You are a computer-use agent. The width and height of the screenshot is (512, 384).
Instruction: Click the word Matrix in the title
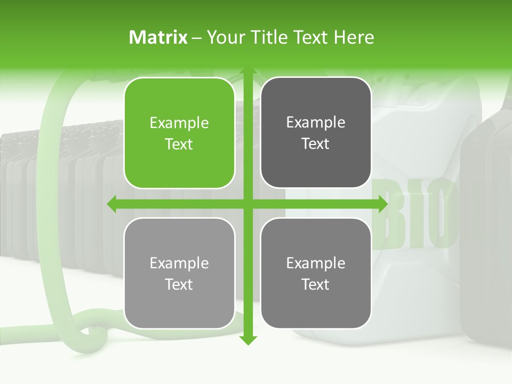coord(158,37)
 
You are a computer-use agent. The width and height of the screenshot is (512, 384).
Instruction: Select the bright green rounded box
coord(179,133)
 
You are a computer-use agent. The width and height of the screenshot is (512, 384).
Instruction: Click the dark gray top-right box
coord(316,133)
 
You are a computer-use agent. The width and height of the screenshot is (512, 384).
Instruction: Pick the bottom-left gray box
coord(179,273)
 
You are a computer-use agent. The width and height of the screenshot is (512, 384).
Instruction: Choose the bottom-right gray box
coord(316,273)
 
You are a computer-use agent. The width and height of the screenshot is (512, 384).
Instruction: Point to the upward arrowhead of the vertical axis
coord(247,72)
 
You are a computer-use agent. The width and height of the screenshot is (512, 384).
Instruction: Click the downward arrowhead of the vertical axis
coord(247,340)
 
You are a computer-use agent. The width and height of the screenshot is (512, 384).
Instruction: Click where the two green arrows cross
coord(247,204)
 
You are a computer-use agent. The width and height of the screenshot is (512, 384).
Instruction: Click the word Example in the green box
coord(179,123)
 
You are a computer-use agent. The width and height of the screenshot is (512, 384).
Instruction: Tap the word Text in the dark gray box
coord(316,144)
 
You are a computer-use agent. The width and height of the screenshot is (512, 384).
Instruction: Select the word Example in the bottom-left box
coord(179,263)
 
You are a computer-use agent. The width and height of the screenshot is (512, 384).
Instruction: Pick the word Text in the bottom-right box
coord(316,284)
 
